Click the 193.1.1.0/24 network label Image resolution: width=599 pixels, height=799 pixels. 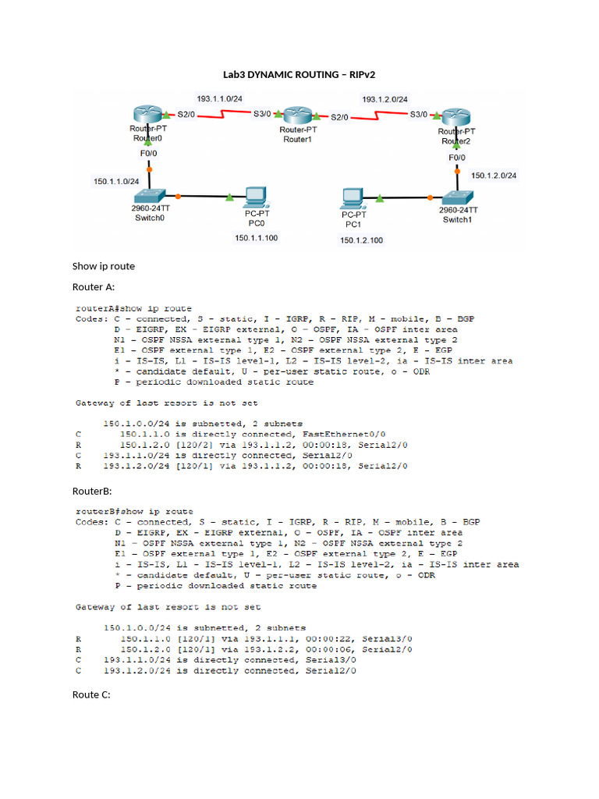pyautogui.click(x=220, y=99)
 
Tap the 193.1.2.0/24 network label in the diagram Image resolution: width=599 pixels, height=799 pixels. pyautogui.click(x=385, y=99)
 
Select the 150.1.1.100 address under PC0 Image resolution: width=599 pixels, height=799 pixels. pyautogui.click(x=257, y=238)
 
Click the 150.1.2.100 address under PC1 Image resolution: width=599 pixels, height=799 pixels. pyautogui.click(x=361, y=240)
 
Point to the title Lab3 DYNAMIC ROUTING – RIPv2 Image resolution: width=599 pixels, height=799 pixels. pyautogui.click(x=299, y=76)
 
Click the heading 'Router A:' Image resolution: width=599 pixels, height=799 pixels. pyautogui.click(x=94, y=287)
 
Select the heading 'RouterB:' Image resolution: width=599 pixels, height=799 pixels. pyautogui.click(x=92, y=492)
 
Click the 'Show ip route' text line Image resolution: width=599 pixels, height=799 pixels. pyautogui.click(x=103, y=266)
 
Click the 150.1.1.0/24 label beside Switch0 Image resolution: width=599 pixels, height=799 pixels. pyautogui.click(x=117, y=181)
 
